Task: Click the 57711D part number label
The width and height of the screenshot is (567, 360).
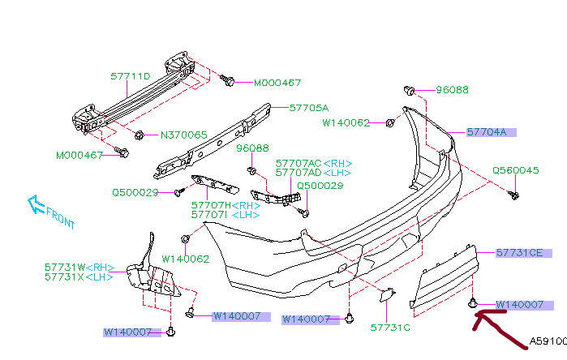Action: (x=131, y=76)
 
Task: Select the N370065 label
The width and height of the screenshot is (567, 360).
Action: (x=183, y=135)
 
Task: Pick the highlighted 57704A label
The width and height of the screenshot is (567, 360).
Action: (x=487, y=131)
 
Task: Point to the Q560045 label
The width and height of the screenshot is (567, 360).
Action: (x=515, y=170)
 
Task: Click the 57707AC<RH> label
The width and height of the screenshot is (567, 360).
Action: (x=314, y=162)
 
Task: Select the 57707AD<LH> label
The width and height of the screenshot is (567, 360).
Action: (x=314, y=173)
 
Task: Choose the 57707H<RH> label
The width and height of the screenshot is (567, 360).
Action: (x=227, y=205)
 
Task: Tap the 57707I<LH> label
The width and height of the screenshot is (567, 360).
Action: (x=226, y=215)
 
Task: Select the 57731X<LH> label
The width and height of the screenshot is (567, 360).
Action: (x=80, y=276)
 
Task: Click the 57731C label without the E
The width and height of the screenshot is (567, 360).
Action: (x=390, y=328)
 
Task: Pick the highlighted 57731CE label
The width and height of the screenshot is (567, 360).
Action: (x=518, y=253)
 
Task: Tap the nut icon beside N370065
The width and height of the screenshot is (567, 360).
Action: (x=140, y=134)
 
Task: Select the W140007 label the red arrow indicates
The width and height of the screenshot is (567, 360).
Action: (x=518, y=305)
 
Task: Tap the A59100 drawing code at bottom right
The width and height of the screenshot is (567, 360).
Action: (x=548, y=341)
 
